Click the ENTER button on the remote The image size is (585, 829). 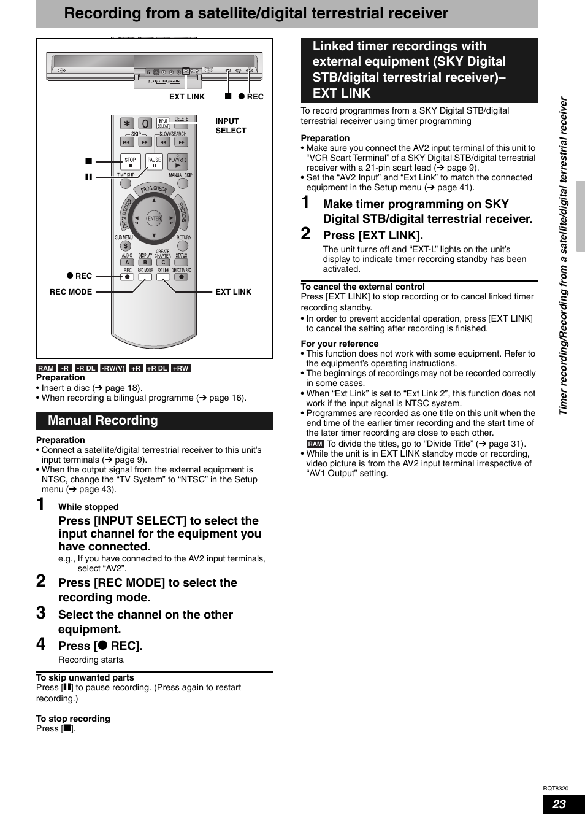pos(154,218)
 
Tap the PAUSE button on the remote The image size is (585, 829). pos(155,161)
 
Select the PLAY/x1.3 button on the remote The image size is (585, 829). pos(178,161)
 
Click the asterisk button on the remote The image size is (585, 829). pos(127,123)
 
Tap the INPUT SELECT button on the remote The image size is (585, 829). pos(163,123)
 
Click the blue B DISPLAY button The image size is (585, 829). pos(145,262)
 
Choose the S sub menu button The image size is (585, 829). pos(126,246)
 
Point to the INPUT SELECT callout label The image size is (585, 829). pos(231,126)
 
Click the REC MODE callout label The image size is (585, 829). pos(71,292)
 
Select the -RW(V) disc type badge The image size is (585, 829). pos(113,368)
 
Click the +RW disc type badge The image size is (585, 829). pos(180,368)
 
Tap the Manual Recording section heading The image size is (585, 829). pos(103,421)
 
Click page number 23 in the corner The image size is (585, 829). pos(559,804)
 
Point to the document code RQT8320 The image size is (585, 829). pos(555,789)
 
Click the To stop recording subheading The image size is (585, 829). pos(73,719)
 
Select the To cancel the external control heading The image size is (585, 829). pos(362,287)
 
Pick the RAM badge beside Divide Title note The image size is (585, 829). pos(315,444)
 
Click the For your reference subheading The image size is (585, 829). pos(340,344)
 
